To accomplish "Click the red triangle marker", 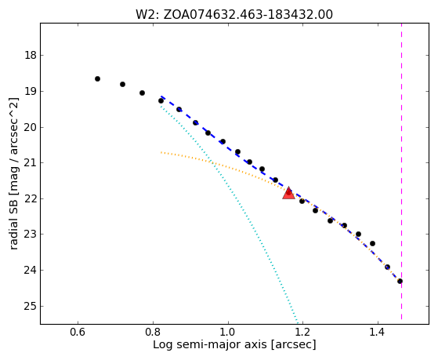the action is click(x=288, y=193).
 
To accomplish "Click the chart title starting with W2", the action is click(x=234, y=15).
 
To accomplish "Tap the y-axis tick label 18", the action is click(x=31, y=55).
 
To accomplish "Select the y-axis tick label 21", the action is click(x=31, y=162).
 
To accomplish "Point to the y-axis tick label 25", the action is click(x=31, y=307).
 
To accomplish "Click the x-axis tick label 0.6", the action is click(x=78, y=332).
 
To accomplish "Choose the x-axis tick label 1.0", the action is click(x=228, y=332).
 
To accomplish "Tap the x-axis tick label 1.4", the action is click(x=378, y=332).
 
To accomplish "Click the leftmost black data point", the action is click(x=97, y=79).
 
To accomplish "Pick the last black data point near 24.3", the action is click(x=400, y=281).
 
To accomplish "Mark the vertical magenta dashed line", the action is click(x=402, y=171).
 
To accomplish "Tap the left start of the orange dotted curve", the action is click(x=161, y=152).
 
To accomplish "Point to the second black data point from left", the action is click(x=123, y=84).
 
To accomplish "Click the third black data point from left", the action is click(x=142, y=93).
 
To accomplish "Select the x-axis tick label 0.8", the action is click(x=153, y=332).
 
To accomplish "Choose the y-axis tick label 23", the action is click(x=31, y=235).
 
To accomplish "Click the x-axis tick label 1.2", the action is click(x=303, y=332).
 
